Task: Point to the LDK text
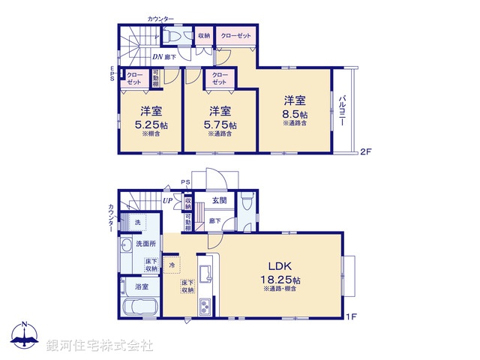(x=282, y=265)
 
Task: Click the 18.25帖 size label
(x=282, y=279)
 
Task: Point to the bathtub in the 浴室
(x=137, y=307)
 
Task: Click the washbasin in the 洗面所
(x=124, y=245)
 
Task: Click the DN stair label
(x=158, y=56)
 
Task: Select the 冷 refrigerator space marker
(x=172, y=265)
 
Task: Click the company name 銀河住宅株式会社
(x=99, y=346)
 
